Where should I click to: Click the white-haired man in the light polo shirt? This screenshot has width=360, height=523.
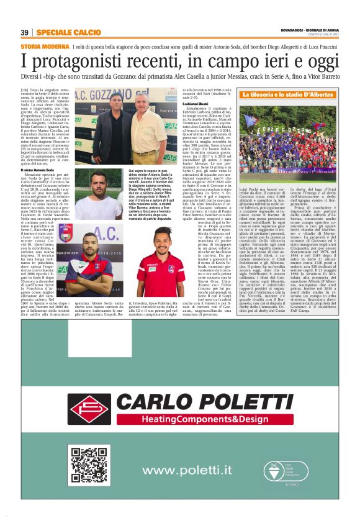click(x=147, y=124)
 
